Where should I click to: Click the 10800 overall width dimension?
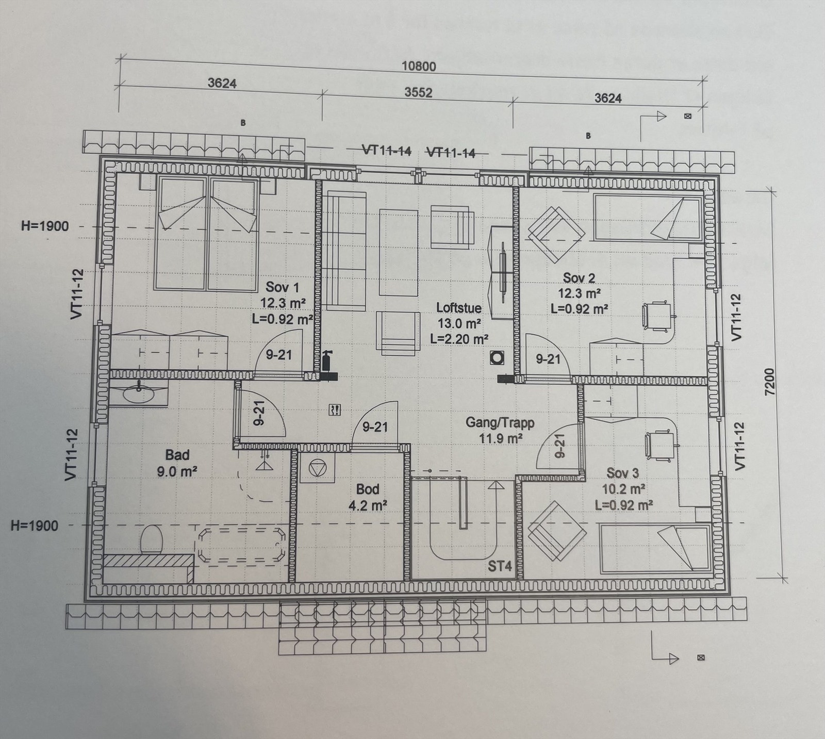click(x=418, y=67)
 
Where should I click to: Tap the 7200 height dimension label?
click(x=769, y=382)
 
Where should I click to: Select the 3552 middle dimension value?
click(x=418, y=92)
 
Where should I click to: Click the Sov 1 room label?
click(x=282, y=288)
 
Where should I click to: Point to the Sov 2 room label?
click(x=579, y=278)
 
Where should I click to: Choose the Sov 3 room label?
click(x=622, y=473)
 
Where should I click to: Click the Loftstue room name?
click(x=459, y=308)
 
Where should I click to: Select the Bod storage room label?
click(x=368, y=489)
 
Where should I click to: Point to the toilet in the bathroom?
click(x=152, y=539)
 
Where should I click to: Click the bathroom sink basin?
click(x=138, y=395)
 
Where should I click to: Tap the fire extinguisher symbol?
click(x=326, y=361)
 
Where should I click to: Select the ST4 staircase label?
click(x=500, y=567)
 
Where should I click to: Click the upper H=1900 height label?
click(x=45, y=226)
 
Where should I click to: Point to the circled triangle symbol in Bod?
click(x=316, y=468)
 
